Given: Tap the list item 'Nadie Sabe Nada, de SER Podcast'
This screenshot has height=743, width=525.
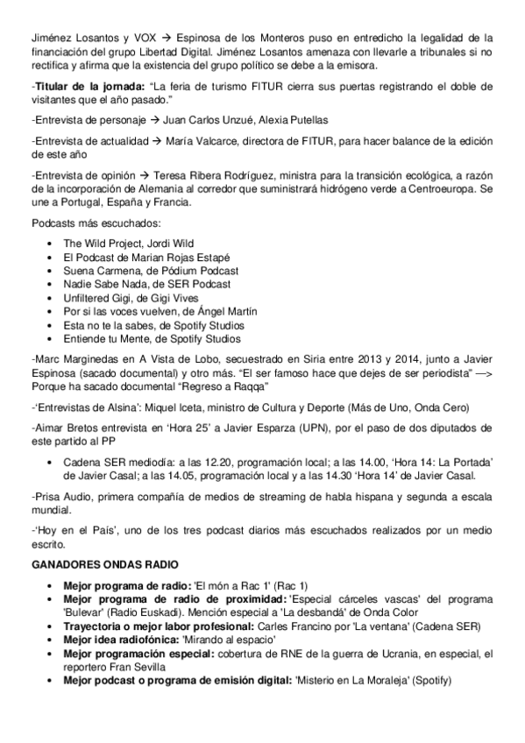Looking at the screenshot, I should point(146,284).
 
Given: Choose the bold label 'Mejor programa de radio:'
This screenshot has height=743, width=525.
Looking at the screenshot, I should point(126,584).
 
